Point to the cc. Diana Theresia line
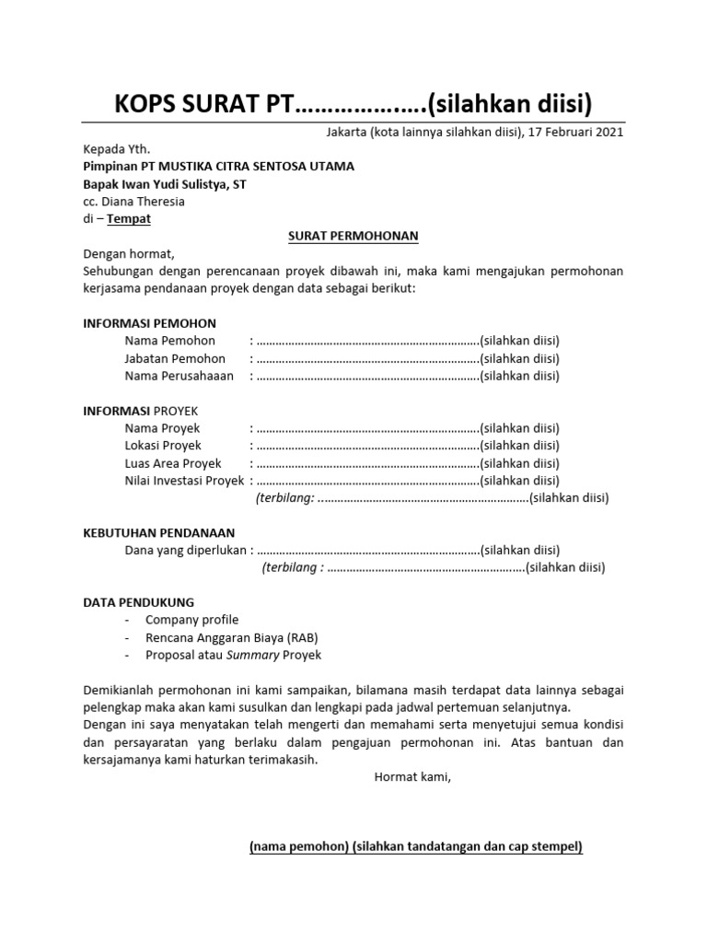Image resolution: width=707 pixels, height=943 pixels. [133, 201]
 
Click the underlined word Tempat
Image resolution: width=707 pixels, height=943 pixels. [129, 219]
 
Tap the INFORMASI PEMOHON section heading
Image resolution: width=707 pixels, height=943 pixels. [150, 323]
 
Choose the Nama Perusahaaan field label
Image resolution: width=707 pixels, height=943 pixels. [180, 376]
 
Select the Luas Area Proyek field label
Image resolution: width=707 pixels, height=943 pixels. [173, 463]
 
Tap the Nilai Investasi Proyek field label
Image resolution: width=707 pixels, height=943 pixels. [184, 481]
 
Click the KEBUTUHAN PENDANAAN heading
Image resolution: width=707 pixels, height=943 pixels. [159, 532]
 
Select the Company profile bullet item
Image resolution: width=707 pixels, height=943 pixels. [191, 620]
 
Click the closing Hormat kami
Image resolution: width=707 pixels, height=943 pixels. [413, 777]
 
